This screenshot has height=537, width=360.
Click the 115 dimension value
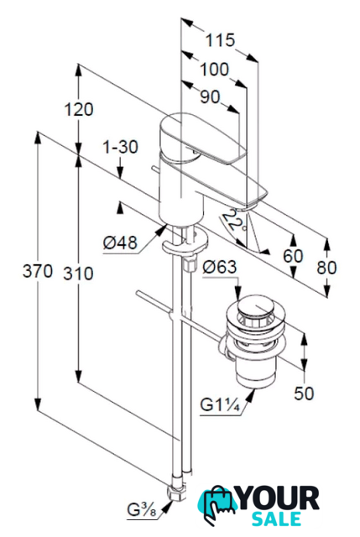pyautogui.click(x=220, y=40)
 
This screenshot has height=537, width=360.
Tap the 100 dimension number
pyautogui.click(x=214, y=69)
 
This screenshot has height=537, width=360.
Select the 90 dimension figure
pyautogui.click(x=210, y=97)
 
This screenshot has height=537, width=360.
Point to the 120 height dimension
pyautogui.click(x=79, y=110)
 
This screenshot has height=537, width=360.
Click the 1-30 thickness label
pyautogui.click(x=121, y=147)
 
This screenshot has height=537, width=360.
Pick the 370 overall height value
pyautogui.click(x=38, y=271)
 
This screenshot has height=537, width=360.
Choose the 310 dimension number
pyautogui.click(x=78, y=274)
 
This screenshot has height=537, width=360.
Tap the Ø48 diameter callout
pyautogui.click(x=120, y=242)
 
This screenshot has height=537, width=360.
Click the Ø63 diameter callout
pyautogui.click(x=220, y=267)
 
